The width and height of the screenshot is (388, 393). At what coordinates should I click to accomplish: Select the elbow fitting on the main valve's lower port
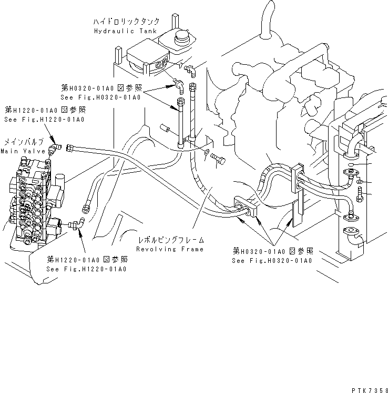pyautogui.click(x=77, y=225)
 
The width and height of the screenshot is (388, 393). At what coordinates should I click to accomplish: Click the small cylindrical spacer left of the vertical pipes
pyautogui.click(x=164, y=127)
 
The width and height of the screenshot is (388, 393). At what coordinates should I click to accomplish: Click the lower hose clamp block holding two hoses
pyautogui.click(x=254, y=208)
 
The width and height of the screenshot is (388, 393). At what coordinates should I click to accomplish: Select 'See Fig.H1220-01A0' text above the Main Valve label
pyautogui.click(x=44, y=120)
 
